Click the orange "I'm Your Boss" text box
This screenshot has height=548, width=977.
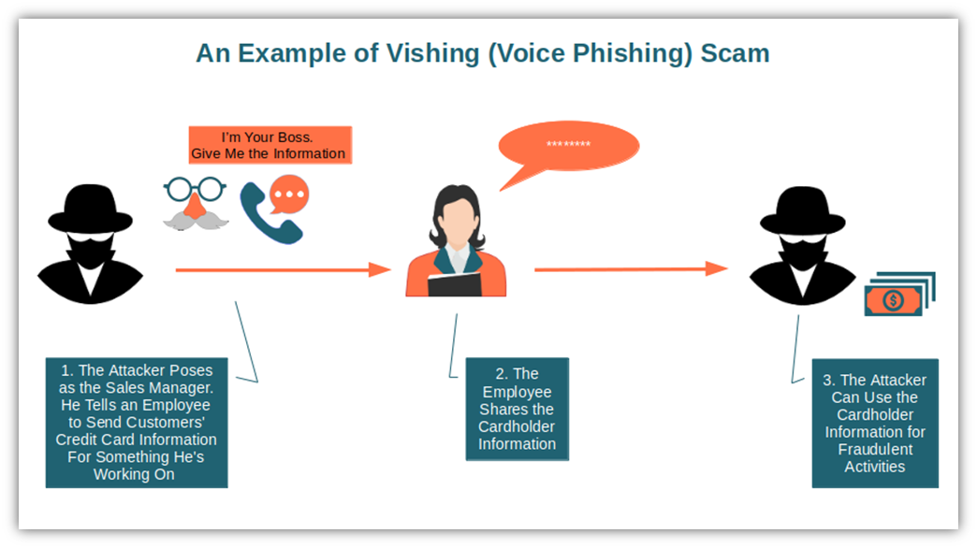click(270, 145)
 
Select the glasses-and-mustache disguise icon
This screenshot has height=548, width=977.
click(195, 203)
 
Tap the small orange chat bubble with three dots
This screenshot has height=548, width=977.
click(289, 195)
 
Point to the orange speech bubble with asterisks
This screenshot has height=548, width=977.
click(568, 148)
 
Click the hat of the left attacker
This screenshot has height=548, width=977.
click(91, 208)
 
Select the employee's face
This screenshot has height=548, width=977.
click(456, 217)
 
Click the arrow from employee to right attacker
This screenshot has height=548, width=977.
click(631, 269)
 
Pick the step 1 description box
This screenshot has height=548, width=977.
click(136, 422)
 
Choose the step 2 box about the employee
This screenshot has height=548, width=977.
click(517, 409)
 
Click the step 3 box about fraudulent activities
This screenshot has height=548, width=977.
click(874, 423)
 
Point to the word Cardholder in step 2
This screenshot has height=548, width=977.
click(517, 426)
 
